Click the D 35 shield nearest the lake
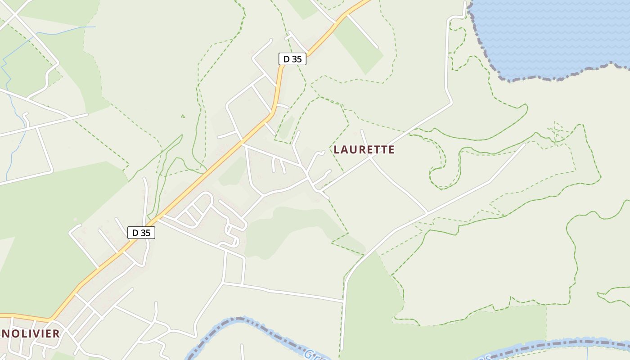(x=292, y=58)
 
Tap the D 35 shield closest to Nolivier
(x=141, y=232)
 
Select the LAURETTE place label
(x=364, y=150)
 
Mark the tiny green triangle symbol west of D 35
(x=183, y=116)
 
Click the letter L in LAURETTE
(x=336, y=150)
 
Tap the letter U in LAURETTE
(x=354, y=150)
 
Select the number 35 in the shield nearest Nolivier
(x=146, y=232)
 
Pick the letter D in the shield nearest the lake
(x=286, y=58)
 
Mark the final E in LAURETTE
(x=391, y=150)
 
